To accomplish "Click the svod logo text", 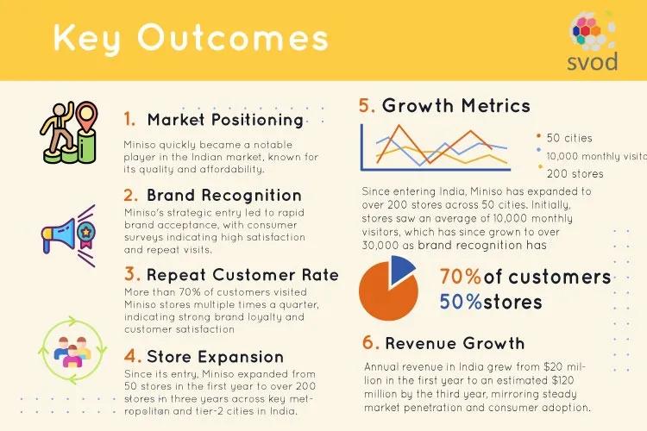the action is coord(592,62).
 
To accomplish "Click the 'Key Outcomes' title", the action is coord(191,38).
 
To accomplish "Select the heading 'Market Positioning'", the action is coord(225,120).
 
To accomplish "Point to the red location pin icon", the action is coord(87,116).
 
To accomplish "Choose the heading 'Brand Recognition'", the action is coord(224,195).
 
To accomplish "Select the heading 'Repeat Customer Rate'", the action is coord(242,275).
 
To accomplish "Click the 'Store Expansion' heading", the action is coord(215,357).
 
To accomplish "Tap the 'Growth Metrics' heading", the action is coord(456,105).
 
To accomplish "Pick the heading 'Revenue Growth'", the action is coord(455,343).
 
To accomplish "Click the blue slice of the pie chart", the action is coord(401,269).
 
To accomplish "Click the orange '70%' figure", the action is coord(461,277).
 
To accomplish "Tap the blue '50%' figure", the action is coord(461,302).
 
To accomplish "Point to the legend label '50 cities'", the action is coord(569,138).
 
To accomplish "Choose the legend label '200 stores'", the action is coord(575,174).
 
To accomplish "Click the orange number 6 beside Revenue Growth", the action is coord(371,343).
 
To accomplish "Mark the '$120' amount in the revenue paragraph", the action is coord(562,380).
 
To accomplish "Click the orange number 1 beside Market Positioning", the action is coord(129,119).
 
